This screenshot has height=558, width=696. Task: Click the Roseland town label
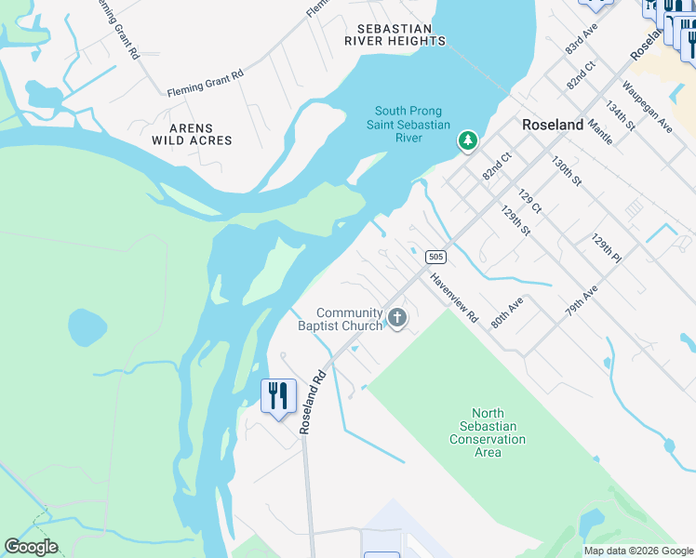(553, 125)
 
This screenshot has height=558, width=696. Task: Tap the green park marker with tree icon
(467, 141)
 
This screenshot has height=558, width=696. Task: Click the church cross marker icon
(397, 319)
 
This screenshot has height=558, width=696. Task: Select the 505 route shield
(435, 257)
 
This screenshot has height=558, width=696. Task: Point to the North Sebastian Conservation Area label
(488, 433)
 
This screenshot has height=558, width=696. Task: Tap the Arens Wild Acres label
(192, 134)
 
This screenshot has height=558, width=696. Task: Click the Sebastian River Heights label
(395, 34)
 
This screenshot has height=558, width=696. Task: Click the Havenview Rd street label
(453, 298)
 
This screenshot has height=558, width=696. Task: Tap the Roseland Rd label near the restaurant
(311, 400)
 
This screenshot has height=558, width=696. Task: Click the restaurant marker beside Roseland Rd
(278, 396)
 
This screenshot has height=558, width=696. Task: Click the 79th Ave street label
(582, 302)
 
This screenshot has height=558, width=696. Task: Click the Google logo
(31, 547)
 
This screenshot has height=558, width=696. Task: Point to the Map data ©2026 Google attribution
(637, 551)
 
